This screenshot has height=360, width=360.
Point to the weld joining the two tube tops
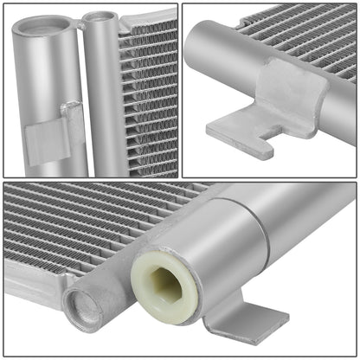(x=80, y=26)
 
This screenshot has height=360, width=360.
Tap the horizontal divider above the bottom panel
(x=180, y=178)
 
